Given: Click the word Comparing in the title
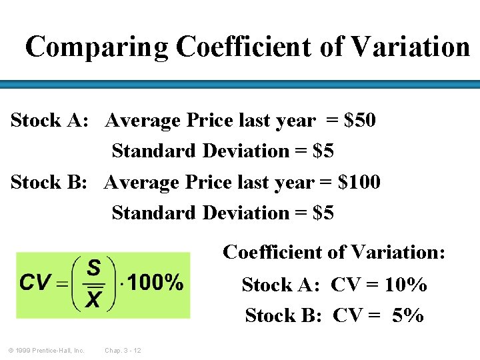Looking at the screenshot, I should point(97,47).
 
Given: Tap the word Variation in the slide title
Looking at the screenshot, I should point(410,47).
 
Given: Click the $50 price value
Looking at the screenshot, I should point(360,121).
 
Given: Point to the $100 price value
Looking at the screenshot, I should point(359,182).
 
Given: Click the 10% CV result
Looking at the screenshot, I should point(406,285).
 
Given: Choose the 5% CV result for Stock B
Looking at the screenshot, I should point(408,315).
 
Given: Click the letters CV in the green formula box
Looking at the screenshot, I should point(35,283).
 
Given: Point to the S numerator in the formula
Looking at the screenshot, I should point(94,269).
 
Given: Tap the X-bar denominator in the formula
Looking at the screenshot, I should point(94,299).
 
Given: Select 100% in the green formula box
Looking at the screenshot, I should point(155,283).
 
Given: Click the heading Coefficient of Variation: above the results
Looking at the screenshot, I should point(334,253).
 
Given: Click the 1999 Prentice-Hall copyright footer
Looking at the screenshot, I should point(46,350).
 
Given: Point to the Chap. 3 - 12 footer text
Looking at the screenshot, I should point(123,350).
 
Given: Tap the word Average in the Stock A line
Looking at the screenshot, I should point(143,121).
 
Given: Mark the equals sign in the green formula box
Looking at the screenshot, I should point(62,284).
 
